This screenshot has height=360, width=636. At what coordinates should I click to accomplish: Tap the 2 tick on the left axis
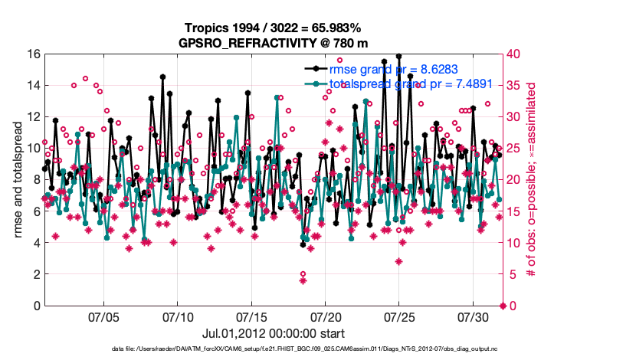pyautogui.click(x=35, y=274)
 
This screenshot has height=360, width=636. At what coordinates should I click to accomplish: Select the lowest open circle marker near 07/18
pyautogui.click(x=303, y=273)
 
